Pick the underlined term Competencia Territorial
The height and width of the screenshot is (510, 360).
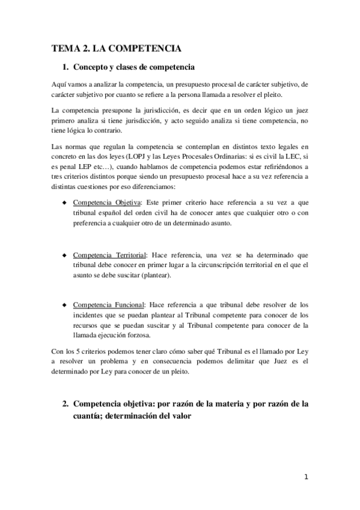(110, 255)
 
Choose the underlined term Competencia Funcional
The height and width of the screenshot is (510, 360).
(109, 304)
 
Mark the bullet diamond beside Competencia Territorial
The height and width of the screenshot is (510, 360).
(64, 255)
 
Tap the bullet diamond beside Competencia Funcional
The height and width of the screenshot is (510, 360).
(64, 304)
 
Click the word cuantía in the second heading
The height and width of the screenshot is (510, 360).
(88, 415)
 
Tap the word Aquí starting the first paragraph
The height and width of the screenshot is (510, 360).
(59, 85)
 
